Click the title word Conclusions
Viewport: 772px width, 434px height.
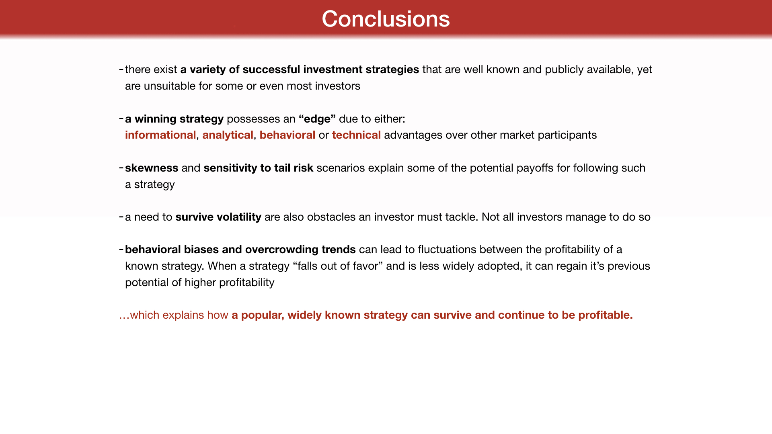click(x=386, y=19)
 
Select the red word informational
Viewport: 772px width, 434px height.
click(x=160, y=135)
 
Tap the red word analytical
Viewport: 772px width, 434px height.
click(x=228, y=135)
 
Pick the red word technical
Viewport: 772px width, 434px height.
click(x=356, y=135)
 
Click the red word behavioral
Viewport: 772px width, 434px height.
click(x=287, y=135)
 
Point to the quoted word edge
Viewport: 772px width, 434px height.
click(x=317, y=119)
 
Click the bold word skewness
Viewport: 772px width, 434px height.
click(x=152, y=168)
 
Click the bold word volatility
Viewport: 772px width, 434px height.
click(x=239, y=217)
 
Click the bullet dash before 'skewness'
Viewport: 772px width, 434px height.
click(x=121, y=167)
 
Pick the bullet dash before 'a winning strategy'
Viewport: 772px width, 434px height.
click(x=121, y=118)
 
